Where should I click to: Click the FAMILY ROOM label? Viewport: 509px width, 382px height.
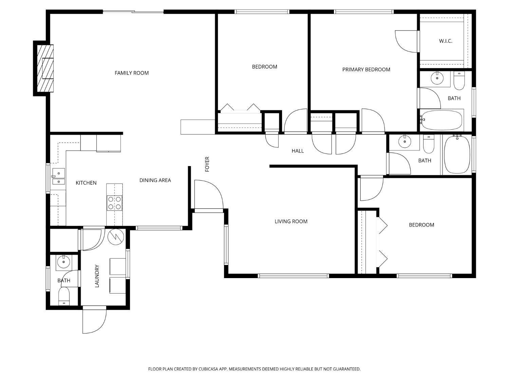131,73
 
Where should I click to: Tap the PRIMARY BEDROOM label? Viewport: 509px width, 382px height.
366,70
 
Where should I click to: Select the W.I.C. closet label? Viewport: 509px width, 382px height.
446,41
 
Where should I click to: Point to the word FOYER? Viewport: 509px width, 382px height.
207,164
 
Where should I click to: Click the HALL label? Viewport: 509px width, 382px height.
298,151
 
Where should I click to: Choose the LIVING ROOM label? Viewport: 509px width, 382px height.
291,221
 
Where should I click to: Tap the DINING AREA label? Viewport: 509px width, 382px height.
155,180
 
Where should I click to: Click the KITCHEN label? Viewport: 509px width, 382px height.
86,183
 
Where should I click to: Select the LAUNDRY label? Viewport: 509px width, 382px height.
97,276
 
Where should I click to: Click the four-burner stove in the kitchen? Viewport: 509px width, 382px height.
115,203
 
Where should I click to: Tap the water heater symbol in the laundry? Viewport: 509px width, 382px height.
116,237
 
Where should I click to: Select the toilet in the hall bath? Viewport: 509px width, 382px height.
429,144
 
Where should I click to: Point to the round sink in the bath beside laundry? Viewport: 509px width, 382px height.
63,262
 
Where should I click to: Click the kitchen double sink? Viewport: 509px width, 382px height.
58,177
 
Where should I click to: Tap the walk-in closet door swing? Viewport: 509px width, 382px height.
407,41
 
